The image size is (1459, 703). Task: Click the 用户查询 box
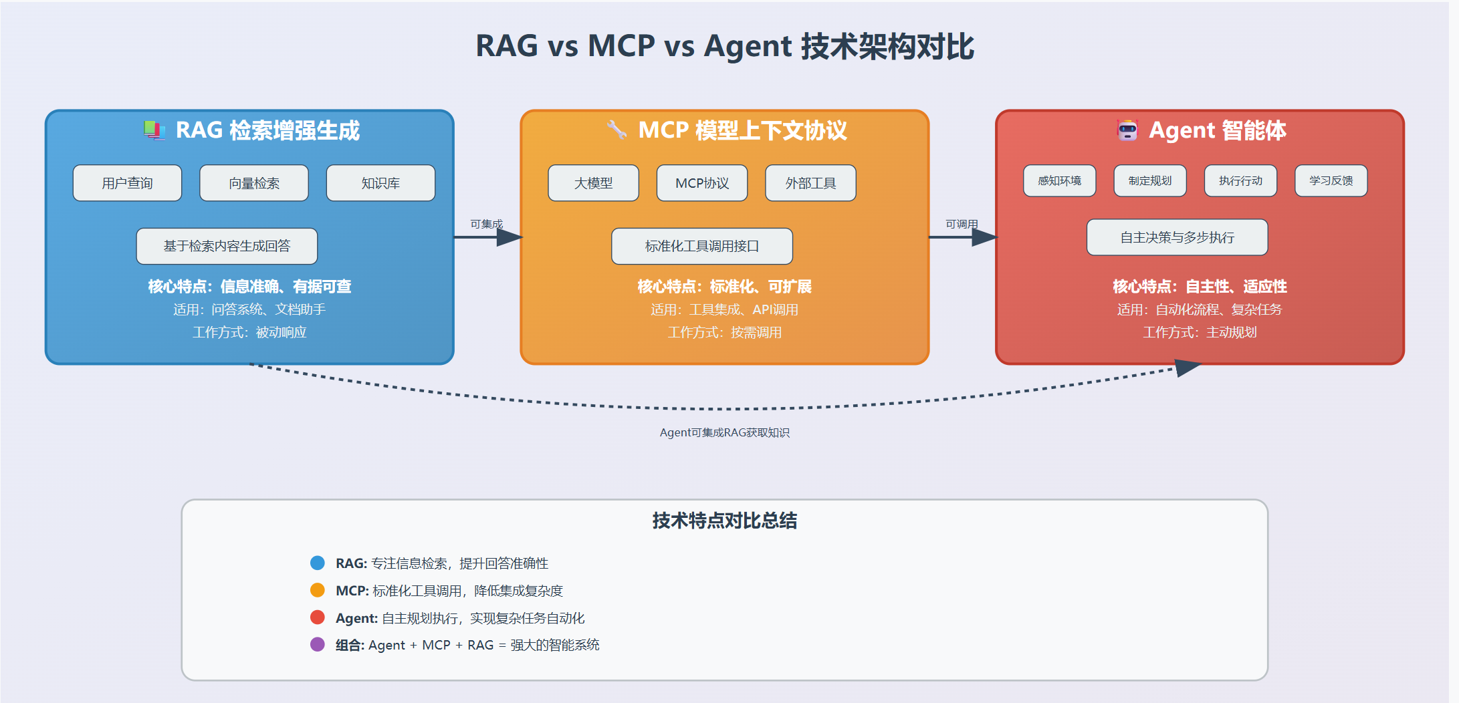[x=127, y=182]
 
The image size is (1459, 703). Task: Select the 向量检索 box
[x=253, y=182]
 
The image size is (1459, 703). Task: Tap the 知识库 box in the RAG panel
[x=380, y=182]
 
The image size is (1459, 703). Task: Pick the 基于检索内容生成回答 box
[x=227, y=246]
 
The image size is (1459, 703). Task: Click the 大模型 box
[x=593, y=182]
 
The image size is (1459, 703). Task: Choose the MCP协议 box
[x=701, y=182]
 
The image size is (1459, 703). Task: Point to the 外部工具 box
[x=810, y=182]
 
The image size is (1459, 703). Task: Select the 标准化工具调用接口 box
[x=701, y=246]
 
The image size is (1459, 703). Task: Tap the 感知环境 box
[x=1059, y=180]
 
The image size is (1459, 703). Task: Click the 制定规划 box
[x=1149, y=180]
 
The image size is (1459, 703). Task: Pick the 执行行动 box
[x=1240, y=180]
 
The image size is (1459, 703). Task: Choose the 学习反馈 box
[x=1331, y=180]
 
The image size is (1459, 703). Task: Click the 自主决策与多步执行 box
[x=1177, y=237]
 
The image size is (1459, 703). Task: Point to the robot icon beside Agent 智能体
[x=1127, y=130]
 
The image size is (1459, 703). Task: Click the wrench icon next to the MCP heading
[x=616, y=129]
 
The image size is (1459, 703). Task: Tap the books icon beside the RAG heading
[x=154, y=130]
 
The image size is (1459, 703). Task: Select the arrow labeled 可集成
[x=488, y=237]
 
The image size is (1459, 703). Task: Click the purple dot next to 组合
[x=318, y=644]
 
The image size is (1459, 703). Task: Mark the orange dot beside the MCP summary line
[x=318, y=590]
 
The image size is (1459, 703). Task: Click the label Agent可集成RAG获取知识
[x=724, y=432]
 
